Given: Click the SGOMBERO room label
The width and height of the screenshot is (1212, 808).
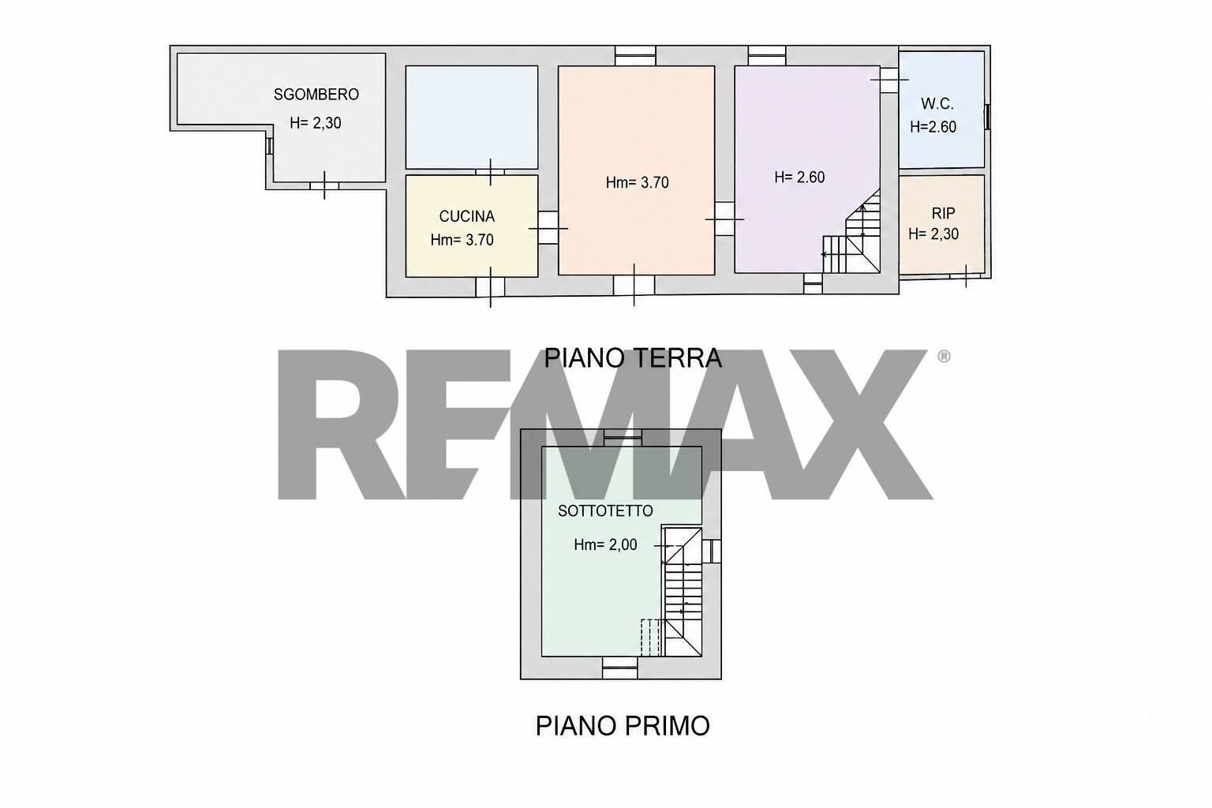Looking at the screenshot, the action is (316, 95).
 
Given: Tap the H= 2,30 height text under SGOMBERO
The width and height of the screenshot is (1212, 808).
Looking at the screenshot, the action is (316, 123).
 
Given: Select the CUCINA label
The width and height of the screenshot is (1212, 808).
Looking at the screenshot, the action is (467, 216).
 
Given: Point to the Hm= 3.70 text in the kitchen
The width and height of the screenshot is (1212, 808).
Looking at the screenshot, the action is (462, 240).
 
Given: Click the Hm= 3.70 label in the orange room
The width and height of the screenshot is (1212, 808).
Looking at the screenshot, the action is (638, 183).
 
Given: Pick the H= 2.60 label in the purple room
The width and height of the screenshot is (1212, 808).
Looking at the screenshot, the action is (799, 178).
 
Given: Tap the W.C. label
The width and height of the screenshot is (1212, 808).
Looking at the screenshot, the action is (937, 103).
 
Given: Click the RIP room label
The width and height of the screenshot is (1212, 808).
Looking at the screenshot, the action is (943, 214).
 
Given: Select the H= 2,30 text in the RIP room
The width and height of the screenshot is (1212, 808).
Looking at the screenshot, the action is (933, 234).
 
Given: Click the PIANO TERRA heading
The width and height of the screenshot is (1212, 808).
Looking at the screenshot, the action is (633, 358).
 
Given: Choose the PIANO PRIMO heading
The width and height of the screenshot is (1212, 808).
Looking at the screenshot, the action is (623, 726).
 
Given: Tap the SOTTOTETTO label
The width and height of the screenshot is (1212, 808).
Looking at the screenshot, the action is (605, 511).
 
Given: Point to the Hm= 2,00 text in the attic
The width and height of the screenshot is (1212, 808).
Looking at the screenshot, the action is (605, 545).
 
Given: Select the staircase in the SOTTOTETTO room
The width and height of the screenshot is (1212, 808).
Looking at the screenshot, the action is (682, 591).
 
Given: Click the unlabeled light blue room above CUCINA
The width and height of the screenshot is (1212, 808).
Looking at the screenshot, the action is (472, 117).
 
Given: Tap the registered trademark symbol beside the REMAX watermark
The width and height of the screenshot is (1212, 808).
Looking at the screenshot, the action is (944, 357).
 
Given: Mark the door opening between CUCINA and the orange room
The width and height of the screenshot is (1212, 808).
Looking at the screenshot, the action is (548, 228).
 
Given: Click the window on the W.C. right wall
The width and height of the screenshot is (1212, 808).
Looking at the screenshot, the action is (987, 117).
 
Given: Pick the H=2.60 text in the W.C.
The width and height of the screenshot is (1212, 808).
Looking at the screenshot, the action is (933, 127).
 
